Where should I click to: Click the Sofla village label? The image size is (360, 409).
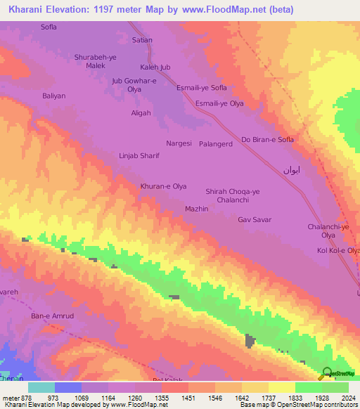click(48, 27)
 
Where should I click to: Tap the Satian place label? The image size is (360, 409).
click(142, 40)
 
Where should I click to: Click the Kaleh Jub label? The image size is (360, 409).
click(155, 67)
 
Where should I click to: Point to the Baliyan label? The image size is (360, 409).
click(53, 96)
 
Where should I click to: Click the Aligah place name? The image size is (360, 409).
click(141, 112)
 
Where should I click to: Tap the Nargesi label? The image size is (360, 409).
click(179, 143)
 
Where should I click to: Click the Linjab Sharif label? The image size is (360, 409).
click(139, 156)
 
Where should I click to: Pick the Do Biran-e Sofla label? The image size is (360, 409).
click(267, 139)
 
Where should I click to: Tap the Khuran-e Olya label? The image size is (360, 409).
click(163, 186)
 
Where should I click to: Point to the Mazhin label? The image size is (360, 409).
click(196, 209)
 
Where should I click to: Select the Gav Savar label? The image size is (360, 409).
click(255, 220)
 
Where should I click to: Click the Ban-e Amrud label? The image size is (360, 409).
click(52, 316)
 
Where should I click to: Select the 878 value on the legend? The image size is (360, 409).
click(25, 398)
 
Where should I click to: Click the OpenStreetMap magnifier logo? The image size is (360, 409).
click(326, 373)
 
